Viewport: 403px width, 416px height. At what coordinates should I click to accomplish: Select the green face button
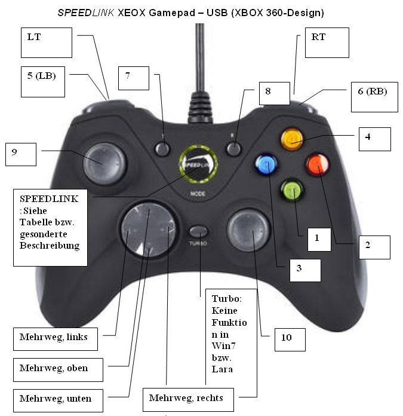[x=291, y=190]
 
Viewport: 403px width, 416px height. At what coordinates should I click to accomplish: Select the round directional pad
[x=147, y=229]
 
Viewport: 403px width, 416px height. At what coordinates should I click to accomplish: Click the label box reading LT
[x=46, y=42]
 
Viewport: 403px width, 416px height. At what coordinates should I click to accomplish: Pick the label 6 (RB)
[x=374, y=97]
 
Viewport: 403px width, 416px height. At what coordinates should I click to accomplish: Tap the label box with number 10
[x=290, y=339]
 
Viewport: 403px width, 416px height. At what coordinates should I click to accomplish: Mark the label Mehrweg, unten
[x=57, y=398]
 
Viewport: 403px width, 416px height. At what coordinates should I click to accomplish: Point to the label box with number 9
[x=20, y=154]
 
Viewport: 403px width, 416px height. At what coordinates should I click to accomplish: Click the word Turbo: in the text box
[x=225, y=299]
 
